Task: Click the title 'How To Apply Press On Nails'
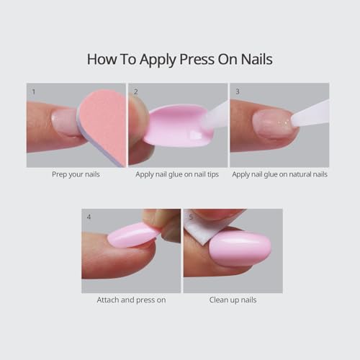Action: (179, 59)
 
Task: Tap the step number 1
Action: (32, 91)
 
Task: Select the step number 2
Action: (135, 91)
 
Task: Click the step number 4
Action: (88, 217)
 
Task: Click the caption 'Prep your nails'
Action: (76, 175)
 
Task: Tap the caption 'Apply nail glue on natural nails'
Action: (279, 175)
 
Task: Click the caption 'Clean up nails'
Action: (233, 300)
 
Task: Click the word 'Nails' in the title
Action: (256, 59)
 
